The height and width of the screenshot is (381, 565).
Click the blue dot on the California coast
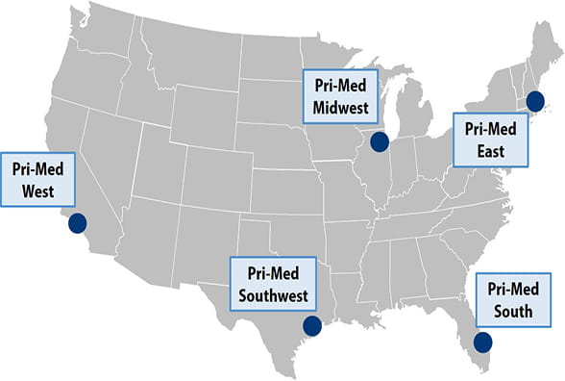[78, 223]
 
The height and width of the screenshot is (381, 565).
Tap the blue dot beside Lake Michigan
[379, 142]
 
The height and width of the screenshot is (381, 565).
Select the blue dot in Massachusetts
[535, 99]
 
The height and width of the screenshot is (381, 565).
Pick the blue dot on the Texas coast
[310, 325]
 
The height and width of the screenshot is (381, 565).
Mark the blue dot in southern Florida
[482, 341]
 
